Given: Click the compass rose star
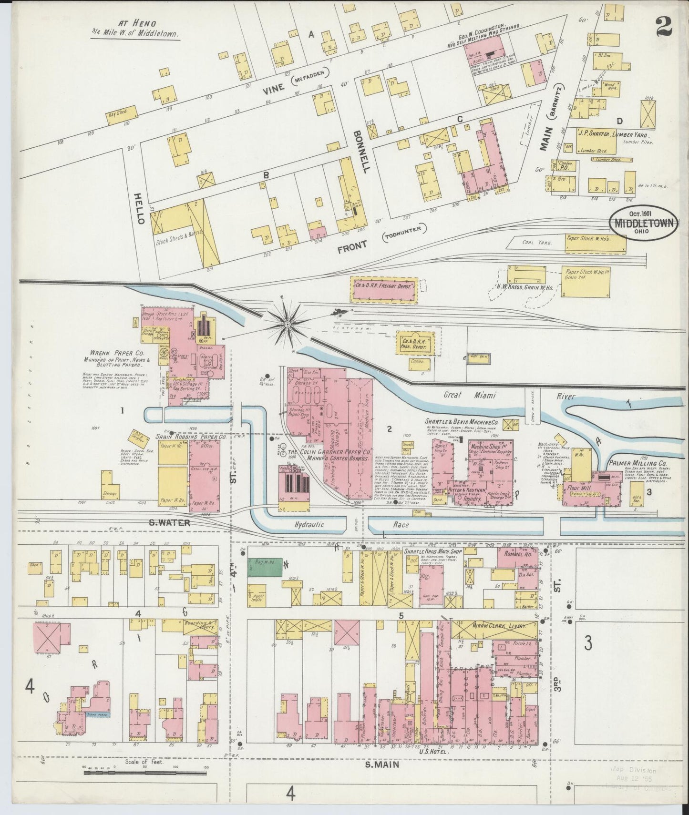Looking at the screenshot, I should click(288, 325).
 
